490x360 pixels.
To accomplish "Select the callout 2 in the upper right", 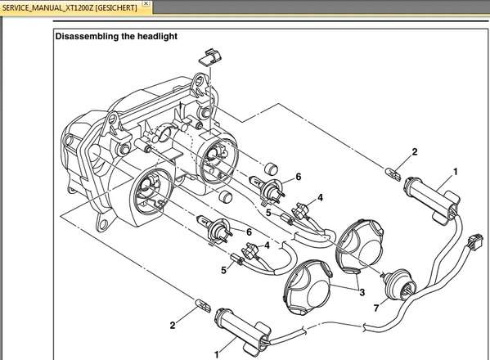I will pyautogui.click(x=414, y=152).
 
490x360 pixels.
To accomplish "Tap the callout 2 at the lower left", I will pyautogui.click(x=173, y=325).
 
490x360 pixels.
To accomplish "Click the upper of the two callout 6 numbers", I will pyautogui.click(x=298, y=177).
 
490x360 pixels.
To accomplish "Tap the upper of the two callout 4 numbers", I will pyautogui.click(x=320, y=198).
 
